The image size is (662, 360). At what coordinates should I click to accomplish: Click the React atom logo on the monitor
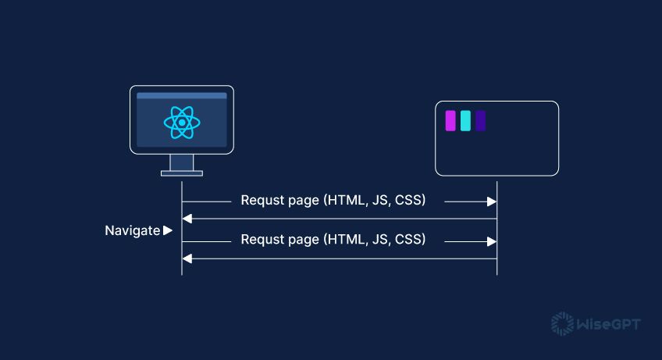[181, 123]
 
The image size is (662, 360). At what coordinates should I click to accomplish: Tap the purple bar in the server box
[450, 121]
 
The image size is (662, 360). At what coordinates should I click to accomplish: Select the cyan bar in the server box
[465, 121]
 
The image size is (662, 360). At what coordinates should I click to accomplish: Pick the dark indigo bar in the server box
[481, 121]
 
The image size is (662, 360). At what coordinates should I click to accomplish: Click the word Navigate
[132, 230]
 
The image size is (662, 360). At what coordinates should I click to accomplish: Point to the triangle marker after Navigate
[168, 230]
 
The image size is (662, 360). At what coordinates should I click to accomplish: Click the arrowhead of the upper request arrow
[492, 201]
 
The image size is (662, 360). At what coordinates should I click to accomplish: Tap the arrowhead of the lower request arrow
[492, 241]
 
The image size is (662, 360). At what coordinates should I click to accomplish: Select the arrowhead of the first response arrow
[187, 219]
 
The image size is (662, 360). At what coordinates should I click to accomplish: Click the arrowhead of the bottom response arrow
[187, 258]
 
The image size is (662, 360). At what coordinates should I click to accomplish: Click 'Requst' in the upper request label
[260, 201]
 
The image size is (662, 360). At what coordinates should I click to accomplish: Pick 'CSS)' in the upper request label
[410, 201]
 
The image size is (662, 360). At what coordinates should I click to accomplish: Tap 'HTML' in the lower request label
[344, 240]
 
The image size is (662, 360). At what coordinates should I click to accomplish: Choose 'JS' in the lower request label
[380, 240]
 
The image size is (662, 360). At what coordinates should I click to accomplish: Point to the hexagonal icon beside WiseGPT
[561, 323]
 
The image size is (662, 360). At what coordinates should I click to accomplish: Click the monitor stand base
[181, 173]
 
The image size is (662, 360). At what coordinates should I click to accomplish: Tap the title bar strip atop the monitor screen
[181, 96]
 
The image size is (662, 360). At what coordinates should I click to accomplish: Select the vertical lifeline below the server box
[497, 226]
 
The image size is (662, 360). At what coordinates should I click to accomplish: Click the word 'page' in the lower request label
[303, 241]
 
